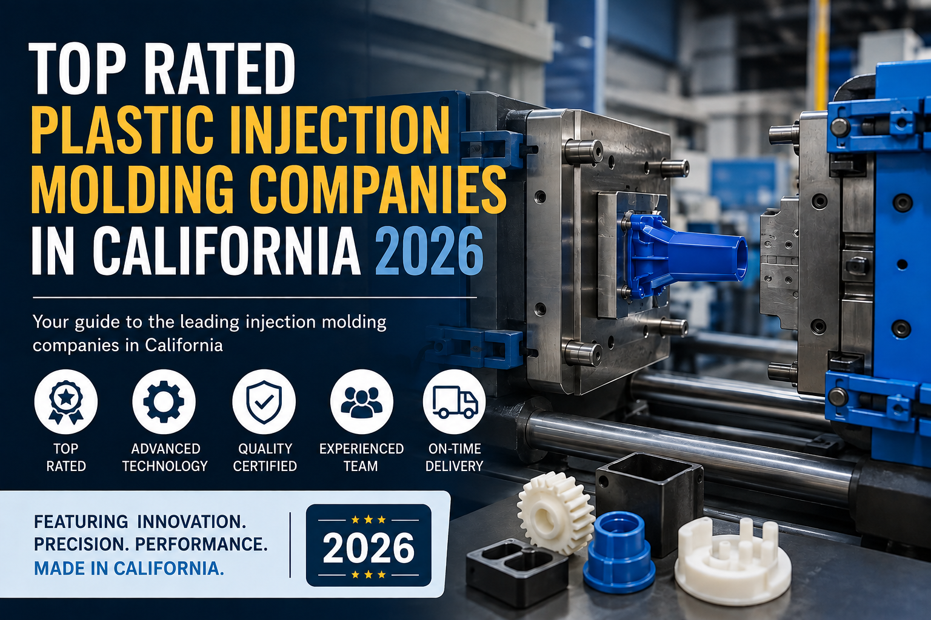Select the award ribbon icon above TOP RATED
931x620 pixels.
point(65,401)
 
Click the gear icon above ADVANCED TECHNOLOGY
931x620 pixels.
point(164,401)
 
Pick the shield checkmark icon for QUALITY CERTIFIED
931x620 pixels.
point(264,401)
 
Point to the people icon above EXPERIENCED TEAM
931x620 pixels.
point(362,401)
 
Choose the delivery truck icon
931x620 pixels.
point(455,401)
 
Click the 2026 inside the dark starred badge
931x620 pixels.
point(369,548)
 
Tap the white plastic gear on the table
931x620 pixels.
point(555,513)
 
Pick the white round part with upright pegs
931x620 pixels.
point(732,560)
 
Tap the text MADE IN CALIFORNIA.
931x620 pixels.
point(129,569)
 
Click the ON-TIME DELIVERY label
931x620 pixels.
point(454,457)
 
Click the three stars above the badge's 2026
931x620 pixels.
point(369,519)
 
